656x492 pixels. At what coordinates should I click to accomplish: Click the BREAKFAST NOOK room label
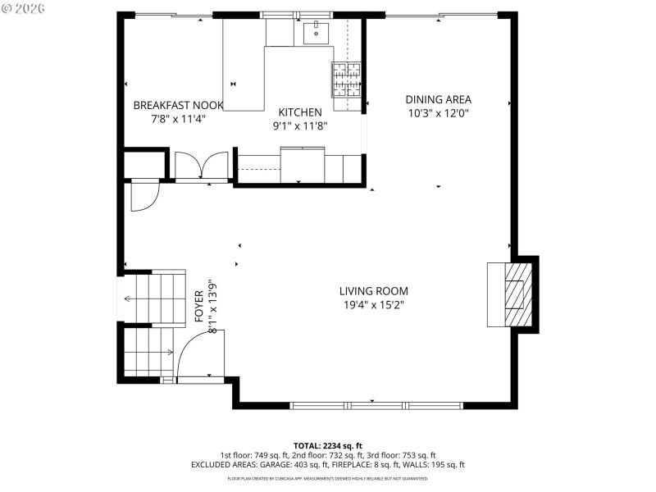pos(178,105)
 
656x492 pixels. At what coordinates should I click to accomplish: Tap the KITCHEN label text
pos(299,112)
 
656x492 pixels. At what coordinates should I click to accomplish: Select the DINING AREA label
pos(438,100)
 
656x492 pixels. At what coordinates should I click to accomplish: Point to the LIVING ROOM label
pos(373,291)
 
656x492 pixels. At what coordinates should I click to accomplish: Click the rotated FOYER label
pos(199,305)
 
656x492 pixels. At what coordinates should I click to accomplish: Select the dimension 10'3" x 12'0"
pos(438,114)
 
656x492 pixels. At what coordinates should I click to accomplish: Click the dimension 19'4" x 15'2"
pos(373,305)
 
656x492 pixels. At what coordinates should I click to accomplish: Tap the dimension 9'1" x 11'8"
pos(299,126)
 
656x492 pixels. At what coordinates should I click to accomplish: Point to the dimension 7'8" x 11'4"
pos(178,119)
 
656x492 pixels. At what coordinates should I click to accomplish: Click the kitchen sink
pos(316,34)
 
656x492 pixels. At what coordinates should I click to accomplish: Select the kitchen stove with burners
pos(346,79)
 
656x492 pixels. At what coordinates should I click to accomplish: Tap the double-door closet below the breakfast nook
pos(202,165)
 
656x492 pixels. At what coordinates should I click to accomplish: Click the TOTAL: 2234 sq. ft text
pos(327,445)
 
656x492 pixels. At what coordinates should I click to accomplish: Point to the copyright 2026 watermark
pos(25,8)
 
